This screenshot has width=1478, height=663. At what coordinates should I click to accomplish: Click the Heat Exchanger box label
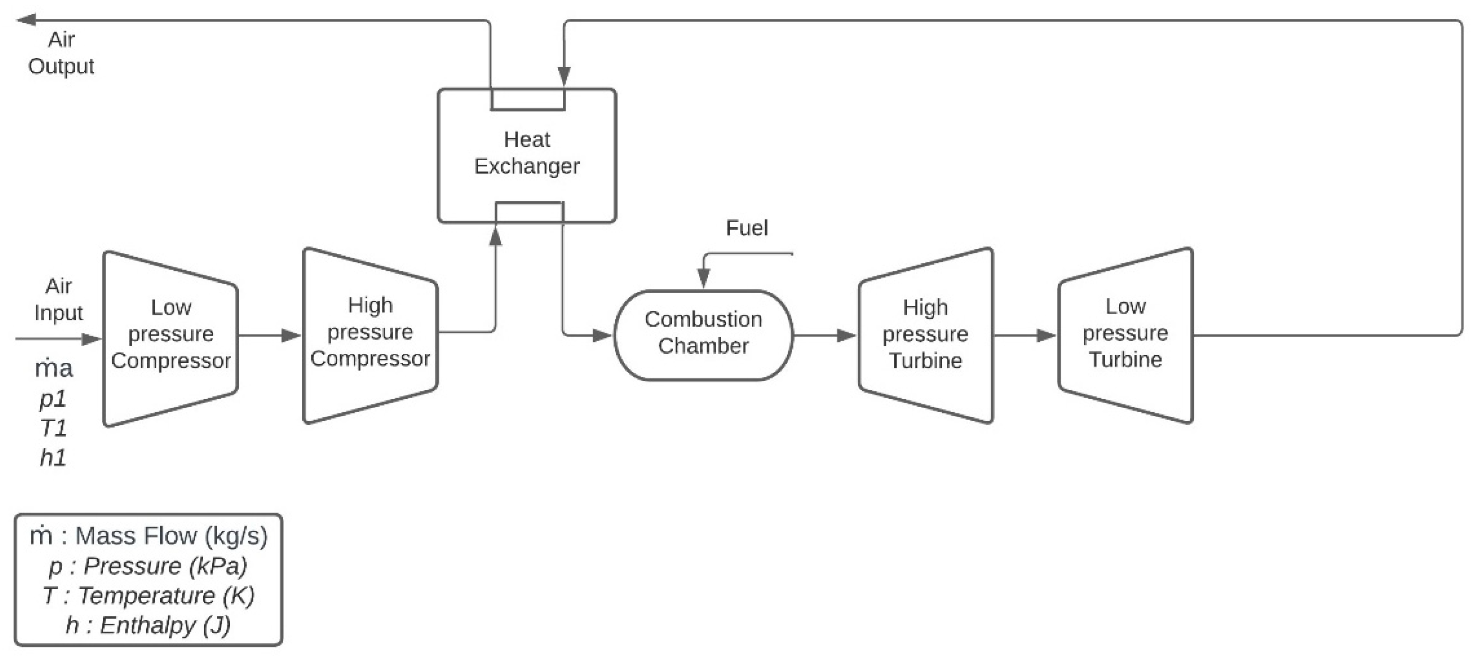tap(527, 153)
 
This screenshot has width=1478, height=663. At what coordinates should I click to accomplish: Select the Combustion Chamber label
tap(703, 332)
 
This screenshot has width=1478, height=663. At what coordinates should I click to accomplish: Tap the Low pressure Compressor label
tap(171, 334)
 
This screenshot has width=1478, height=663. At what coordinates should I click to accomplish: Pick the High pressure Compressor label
tap(370, 332)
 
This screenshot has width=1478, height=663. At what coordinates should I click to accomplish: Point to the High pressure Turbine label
tap(925, 334)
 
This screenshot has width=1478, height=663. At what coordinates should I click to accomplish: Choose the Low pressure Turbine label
tap(1125, 332)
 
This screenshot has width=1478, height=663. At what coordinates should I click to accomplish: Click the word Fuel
tap(747, 228)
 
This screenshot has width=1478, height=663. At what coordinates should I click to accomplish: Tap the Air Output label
tap(61, 53)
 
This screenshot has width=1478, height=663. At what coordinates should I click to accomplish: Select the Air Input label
tap(59, 299)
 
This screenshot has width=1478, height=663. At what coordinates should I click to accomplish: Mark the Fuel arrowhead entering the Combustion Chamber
tap(703, 279)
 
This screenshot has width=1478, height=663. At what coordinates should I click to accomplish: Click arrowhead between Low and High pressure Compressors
tap(291, 335)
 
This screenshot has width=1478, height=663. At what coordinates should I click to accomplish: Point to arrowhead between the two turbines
tap(1046, 335)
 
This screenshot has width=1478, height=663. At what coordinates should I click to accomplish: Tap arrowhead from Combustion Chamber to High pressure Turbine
tap(846, 335)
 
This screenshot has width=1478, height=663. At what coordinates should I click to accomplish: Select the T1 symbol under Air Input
tap(53, 428)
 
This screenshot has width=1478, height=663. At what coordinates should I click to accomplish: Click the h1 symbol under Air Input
tap(53, 457)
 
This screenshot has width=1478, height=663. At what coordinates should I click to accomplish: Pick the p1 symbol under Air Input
tap(53, 399)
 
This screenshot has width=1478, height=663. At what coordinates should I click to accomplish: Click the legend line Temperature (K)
tap(148, 595)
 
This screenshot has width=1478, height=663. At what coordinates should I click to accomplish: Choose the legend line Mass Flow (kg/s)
tap(148, 536)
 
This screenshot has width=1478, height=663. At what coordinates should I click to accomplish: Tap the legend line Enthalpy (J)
tap(148, 625)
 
